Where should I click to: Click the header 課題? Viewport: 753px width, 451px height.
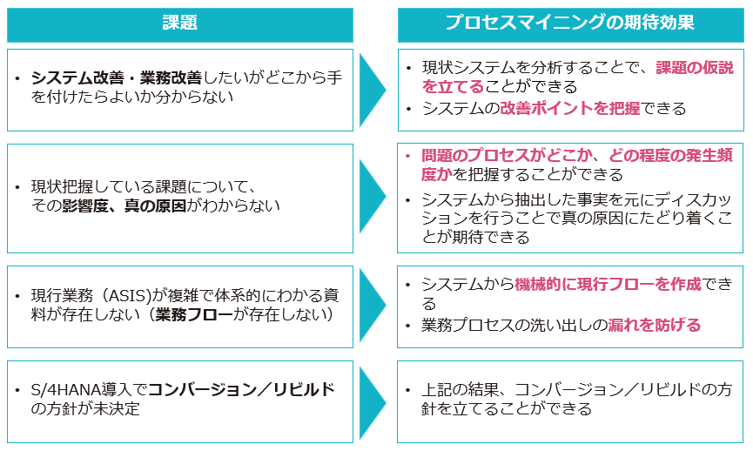coord(180,24)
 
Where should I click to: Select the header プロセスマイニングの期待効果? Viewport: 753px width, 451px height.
coord(570,24)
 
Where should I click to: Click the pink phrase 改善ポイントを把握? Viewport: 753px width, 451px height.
coord(570,108)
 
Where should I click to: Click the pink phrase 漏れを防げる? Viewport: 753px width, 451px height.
coord(656,326)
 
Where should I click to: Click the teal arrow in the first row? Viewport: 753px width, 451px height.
coord(373,90)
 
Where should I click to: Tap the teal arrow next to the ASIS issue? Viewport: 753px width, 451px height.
coord(373,305)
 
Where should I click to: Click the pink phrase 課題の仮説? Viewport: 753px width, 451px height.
coord(694,68)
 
